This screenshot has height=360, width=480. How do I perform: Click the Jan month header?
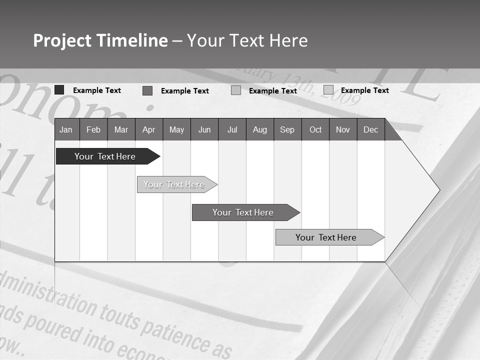(x=66, y=129)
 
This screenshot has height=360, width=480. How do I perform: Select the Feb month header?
(x=93, y=129)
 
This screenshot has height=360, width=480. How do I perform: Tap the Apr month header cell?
(x=148, y=129)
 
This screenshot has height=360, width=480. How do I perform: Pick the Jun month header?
(x=204, y=129)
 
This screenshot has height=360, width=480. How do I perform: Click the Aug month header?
(x=259, y=129)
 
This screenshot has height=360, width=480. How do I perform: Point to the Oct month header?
(x=315, y=129)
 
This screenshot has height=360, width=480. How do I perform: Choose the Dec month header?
(x=370, y=129)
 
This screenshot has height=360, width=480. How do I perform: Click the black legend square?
(x=59, y=90)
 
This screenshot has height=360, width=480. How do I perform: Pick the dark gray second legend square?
(x=147, y=90)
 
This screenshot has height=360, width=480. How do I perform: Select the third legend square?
(x=236, y=90)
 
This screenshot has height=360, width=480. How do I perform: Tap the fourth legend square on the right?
(x=328, y=90)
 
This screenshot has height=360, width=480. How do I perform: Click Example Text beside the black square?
(x=97, y=90)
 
